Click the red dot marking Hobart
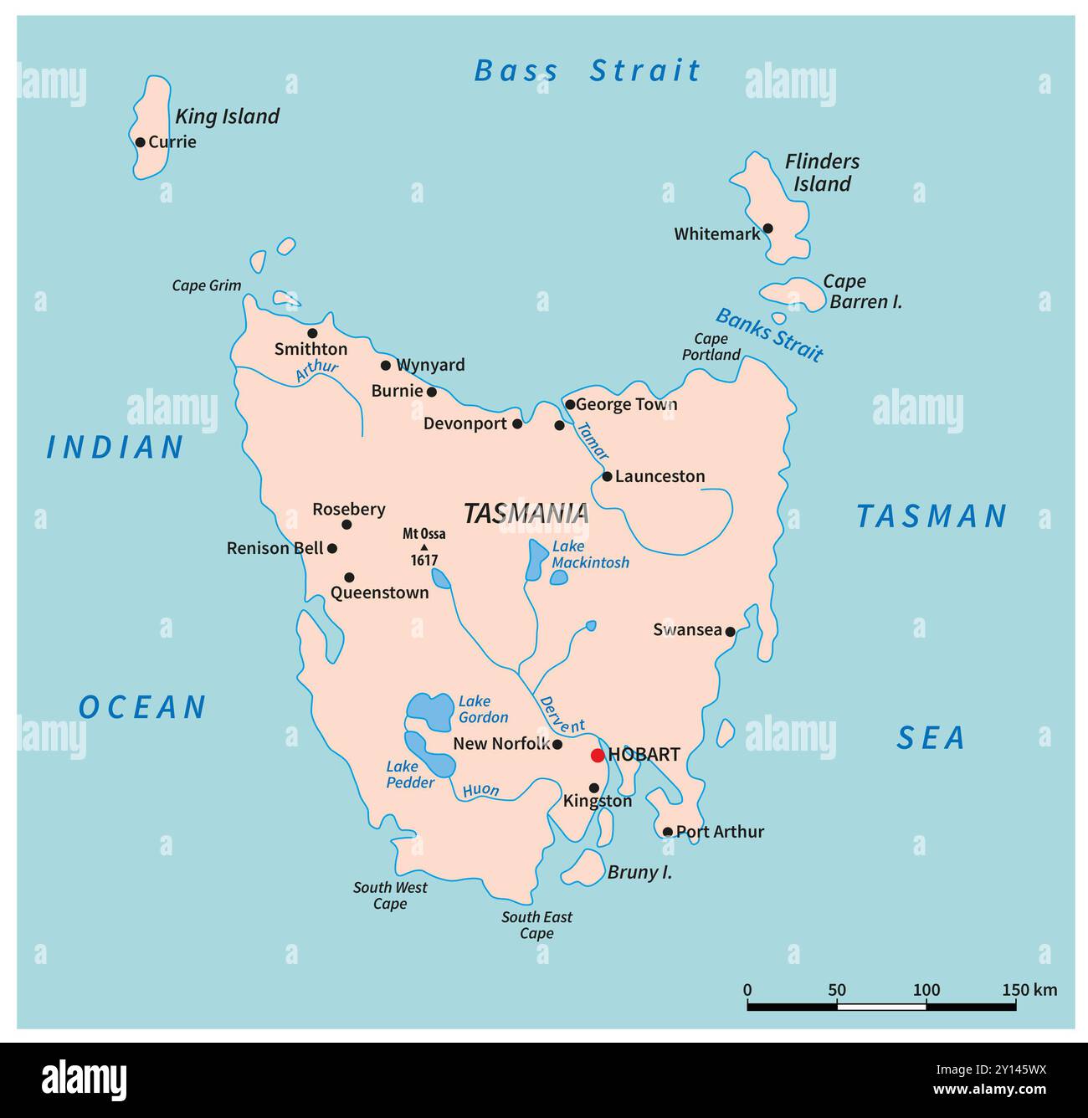point(598,756)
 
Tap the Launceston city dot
point(608,476)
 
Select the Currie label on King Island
point(172,142)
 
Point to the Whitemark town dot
point(767,228)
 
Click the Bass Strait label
point(587,71)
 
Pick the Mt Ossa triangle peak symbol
point(423,547)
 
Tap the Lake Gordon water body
point(429,711)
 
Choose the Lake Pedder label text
point(410,774)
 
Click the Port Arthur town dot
point(667,832)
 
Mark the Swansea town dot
point(730,632)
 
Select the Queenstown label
point(379,593)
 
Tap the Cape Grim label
point(207,286)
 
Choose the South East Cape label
point(536,926)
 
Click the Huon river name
point(480,790)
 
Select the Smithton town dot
point(312,333)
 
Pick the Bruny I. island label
point(639,873)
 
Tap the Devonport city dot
point(517,424)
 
